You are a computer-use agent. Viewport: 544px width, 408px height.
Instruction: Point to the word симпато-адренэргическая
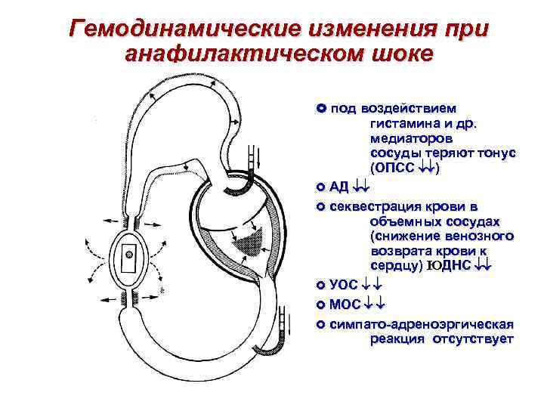pos(422,323)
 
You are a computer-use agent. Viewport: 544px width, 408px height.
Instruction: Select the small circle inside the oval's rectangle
pos(128,256)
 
